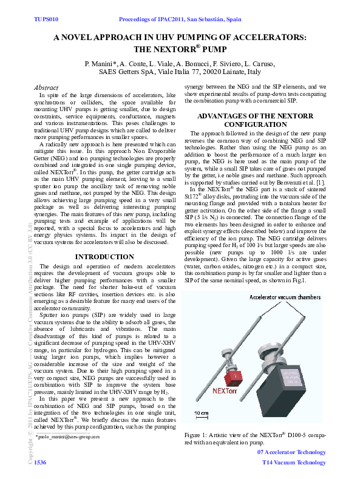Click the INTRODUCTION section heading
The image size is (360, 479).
104,257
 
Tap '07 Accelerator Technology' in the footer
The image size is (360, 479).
291,453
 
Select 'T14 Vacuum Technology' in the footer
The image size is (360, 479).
294,463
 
